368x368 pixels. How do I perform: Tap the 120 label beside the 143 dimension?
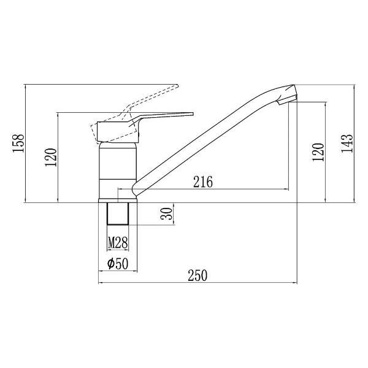(317, 151)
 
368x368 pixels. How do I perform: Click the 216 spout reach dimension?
(202, 182)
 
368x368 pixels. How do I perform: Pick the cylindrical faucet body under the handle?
(117, 169)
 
